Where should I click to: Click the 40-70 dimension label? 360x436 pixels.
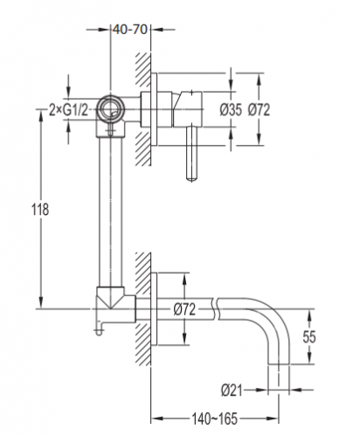click(x=130, y=30)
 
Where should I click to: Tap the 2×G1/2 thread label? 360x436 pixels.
click(x=68, y=110)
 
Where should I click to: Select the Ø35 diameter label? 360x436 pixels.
click(x=231, y=110)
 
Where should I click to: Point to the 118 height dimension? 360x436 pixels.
click(x=40, y=210)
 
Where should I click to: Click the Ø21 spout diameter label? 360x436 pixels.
click(x=232, y=390)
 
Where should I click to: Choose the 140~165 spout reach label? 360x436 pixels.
click(x=215, y=419)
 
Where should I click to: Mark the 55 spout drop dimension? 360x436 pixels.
click(x=309, y=336)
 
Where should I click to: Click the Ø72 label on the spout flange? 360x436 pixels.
click(x=184, y=309)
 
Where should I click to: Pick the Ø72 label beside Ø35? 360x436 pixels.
click(x=259, y=110)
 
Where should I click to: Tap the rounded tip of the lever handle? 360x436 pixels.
click(x=191, y=178)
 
